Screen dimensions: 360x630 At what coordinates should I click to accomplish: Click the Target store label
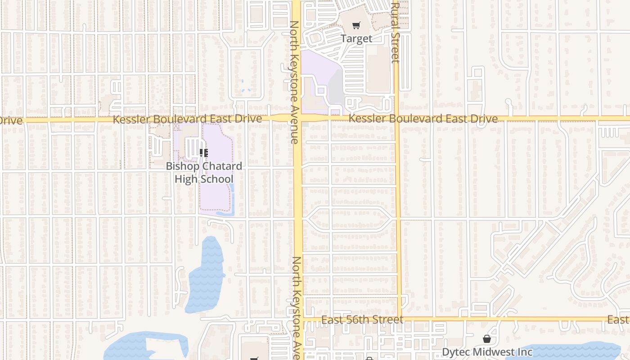coord(356,39)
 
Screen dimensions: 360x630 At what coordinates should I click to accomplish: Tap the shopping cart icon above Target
coord(356,26)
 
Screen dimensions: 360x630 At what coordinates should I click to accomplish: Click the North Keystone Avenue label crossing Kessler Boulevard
coord(294,82)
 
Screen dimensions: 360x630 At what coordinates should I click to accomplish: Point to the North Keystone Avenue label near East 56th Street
coord(297,308)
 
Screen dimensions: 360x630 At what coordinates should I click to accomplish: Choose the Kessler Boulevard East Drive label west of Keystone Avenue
coord(187,119)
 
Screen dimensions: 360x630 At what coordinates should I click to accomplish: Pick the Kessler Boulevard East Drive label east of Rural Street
coord(423,119)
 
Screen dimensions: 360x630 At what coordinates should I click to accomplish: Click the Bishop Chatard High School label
coord(204,172)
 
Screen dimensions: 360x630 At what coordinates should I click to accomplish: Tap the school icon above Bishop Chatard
coord(204,153)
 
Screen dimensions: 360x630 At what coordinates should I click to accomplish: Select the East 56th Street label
coord(363,319)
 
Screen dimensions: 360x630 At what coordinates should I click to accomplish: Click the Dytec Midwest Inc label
coord(487,352)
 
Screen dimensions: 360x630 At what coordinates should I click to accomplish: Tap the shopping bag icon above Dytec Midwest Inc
coord(487,339)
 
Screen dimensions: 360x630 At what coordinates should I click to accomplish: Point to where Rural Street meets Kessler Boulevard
coord(396,118)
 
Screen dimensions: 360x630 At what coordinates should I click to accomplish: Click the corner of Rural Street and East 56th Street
coord(399,319)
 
